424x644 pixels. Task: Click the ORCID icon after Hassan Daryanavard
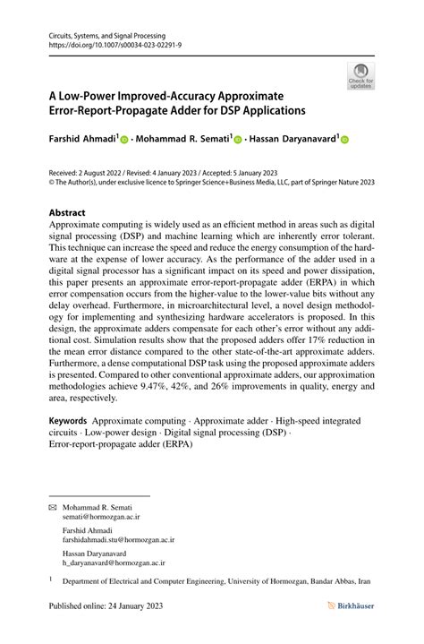[x=344, y=140]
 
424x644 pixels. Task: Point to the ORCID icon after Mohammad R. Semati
[x=238, y=140]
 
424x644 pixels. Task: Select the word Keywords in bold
[x=67, y=421]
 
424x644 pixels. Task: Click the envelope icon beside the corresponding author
[x=53, y=506]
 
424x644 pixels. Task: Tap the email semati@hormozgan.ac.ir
[x=101, y=517]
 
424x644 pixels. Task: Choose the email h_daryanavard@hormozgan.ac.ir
[x=114, y=563]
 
